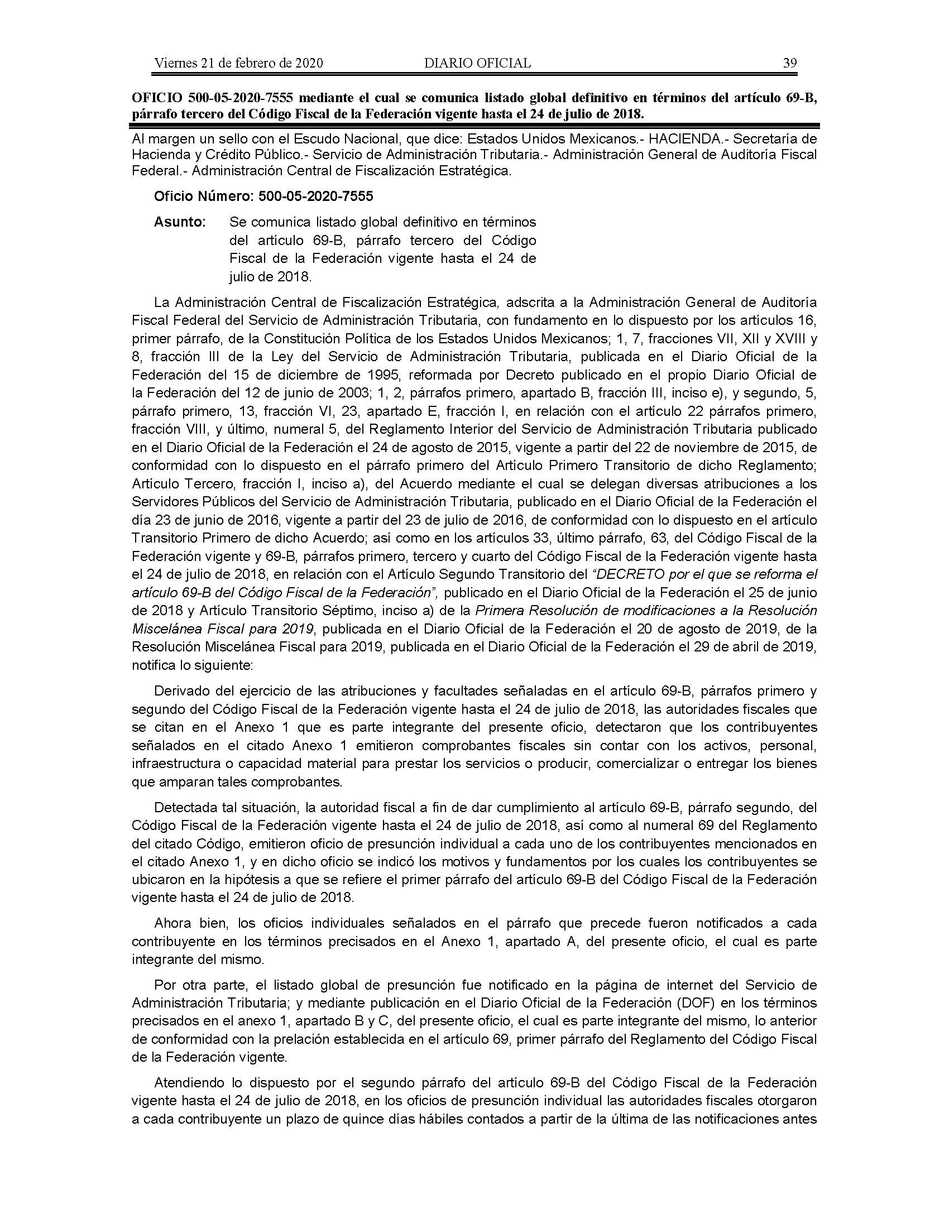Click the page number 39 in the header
click(x=790, y=63)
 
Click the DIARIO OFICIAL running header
click(x=477, y=63)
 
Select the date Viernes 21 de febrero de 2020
click(x=238, y=63)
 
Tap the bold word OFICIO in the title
click(x=158, y=98)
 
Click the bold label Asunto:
click(x=180, y=222)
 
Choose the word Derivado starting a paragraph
click(x=182, y=690)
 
